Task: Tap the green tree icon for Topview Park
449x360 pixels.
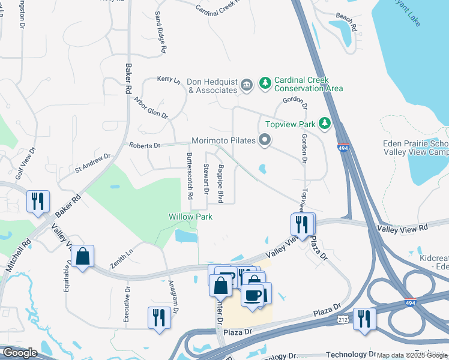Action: point(325,123)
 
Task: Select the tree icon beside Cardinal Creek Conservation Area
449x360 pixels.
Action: point(265,83)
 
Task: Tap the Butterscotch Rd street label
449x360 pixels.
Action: point(190,176)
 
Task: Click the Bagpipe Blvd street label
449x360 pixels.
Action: point(221,183)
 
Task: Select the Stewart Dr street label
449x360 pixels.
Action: point(206,179)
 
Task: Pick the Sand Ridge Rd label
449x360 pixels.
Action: point(160,33)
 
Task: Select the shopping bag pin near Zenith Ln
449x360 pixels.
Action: point(82,256)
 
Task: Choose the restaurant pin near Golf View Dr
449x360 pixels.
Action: point(38,201)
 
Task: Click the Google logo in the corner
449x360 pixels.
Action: point(20,353)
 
